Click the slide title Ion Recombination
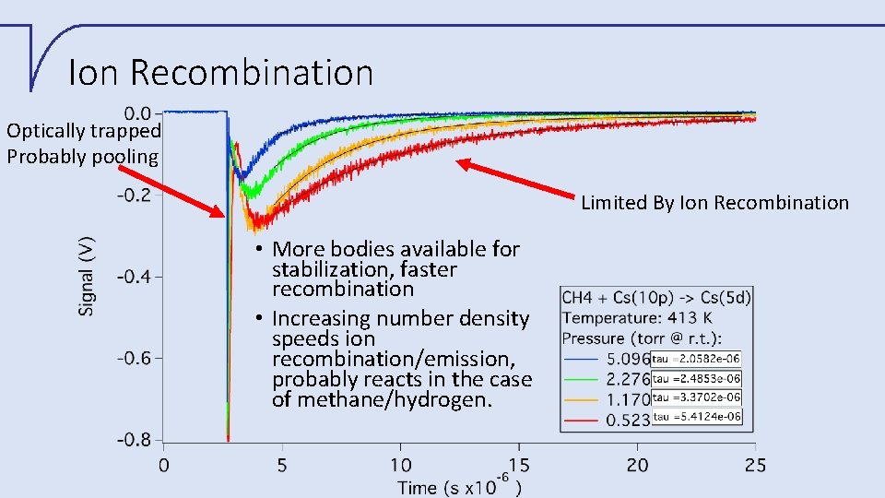tap(221, 72)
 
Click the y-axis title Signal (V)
tap(87, 275)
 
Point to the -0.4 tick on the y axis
tap(136, 276)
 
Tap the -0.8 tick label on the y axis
tap(136, 440)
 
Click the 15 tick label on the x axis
tap(519, 465)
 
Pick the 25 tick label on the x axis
tap(755, 465)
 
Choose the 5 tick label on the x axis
tap(281, 465)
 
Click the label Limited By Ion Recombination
tap(714, 203)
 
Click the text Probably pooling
tap(83, 156)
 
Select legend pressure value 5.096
tap(627, 359)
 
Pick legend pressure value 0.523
tap(627, 420)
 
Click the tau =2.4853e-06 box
tap(696, 379)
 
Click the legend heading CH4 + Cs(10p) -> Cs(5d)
tap(656, 297)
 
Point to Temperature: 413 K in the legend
tap(636, 317)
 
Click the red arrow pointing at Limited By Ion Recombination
tap(516, 178)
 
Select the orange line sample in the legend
tap(581, 399)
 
